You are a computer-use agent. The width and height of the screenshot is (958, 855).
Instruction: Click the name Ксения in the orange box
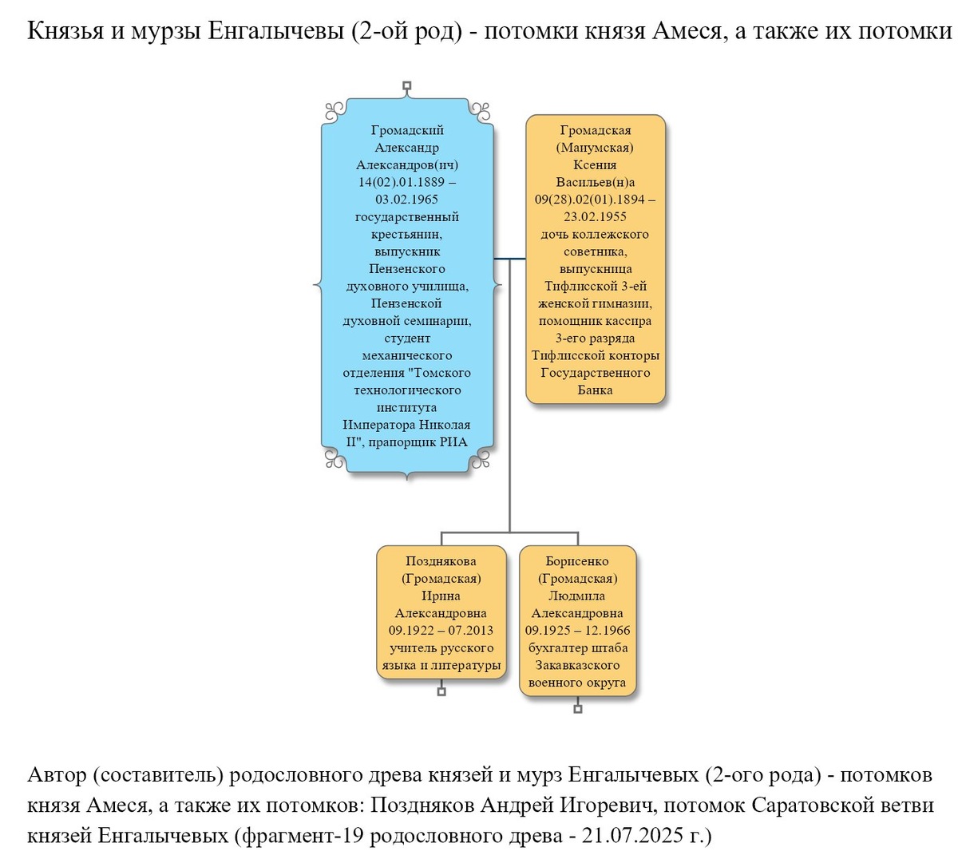tap(595, 164)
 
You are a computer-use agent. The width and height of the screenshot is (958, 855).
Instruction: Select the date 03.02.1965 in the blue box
tap(406, 200)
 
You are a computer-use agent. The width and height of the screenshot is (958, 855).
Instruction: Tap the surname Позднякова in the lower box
tap(441, 561)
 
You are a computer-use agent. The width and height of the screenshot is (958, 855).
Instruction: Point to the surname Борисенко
tap(577, 561)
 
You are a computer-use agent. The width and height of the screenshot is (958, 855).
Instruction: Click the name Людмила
tap(577, 596)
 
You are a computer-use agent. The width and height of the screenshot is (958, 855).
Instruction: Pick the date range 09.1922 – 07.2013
tap(441, 631)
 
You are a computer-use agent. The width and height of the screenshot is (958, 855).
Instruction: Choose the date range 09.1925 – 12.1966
tap(577, 631)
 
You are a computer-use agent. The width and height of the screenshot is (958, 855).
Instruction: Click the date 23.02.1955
tap(595, 216)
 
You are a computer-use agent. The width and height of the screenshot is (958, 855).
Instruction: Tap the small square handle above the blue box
tap(406, 85)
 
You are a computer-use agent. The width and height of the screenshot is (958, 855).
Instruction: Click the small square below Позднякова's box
tap(441, 691)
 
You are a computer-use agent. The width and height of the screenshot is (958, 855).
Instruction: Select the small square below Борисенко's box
tap(578, 709)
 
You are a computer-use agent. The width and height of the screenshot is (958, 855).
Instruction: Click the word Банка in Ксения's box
tap(595, 390)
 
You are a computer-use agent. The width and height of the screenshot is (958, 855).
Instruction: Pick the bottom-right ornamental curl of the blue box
tap(481, 458)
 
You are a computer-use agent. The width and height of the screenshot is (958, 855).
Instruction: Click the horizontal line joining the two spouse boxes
tap(509, 259)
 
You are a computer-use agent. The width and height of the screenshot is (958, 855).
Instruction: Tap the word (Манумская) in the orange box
tap(595, 148)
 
